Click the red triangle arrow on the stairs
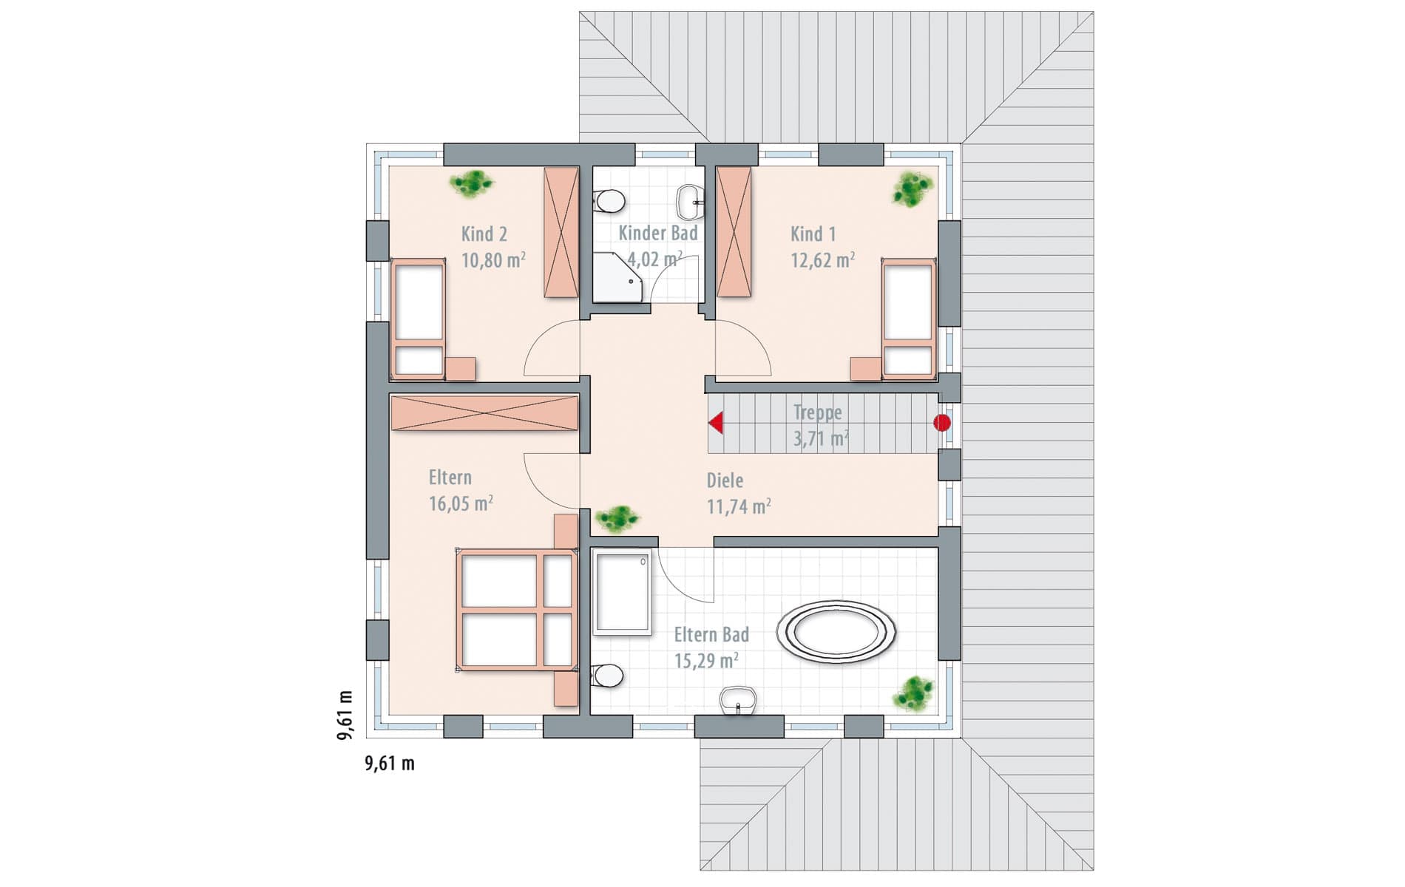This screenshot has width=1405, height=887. pos(717,424)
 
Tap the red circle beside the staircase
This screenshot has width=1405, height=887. pos(941,423)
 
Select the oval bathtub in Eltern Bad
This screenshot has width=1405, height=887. pos(836,631)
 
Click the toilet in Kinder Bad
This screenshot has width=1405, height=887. pos(610,201)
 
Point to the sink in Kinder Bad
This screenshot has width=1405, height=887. pos(691,202)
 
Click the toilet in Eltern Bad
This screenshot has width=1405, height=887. pos(607,675)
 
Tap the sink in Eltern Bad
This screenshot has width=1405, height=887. pos(738,700)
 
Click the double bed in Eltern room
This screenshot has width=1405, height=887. pos(516,610)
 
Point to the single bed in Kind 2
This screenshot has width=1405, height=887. pos(419,319)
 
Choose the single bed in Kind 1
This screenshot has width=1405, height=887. pos(908,319)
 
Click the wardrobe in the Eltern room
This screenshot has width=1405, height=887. pos(484,413)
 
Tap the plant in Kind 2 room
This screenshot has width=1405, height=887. pos(472,183)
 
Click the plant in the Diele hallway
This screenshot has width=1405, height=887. pos(617,518)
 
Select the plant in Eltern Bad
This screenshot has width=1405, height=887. pos(914,693)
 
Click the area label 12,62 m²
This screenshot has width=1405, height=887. pos(823,259)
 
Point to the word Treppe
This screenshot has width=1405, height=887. pos(817,412)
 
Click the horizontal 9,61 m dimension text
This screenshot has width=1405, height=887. pos(390,764)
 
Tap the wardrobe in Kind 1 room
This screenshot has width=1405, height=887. pos(734,232)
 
